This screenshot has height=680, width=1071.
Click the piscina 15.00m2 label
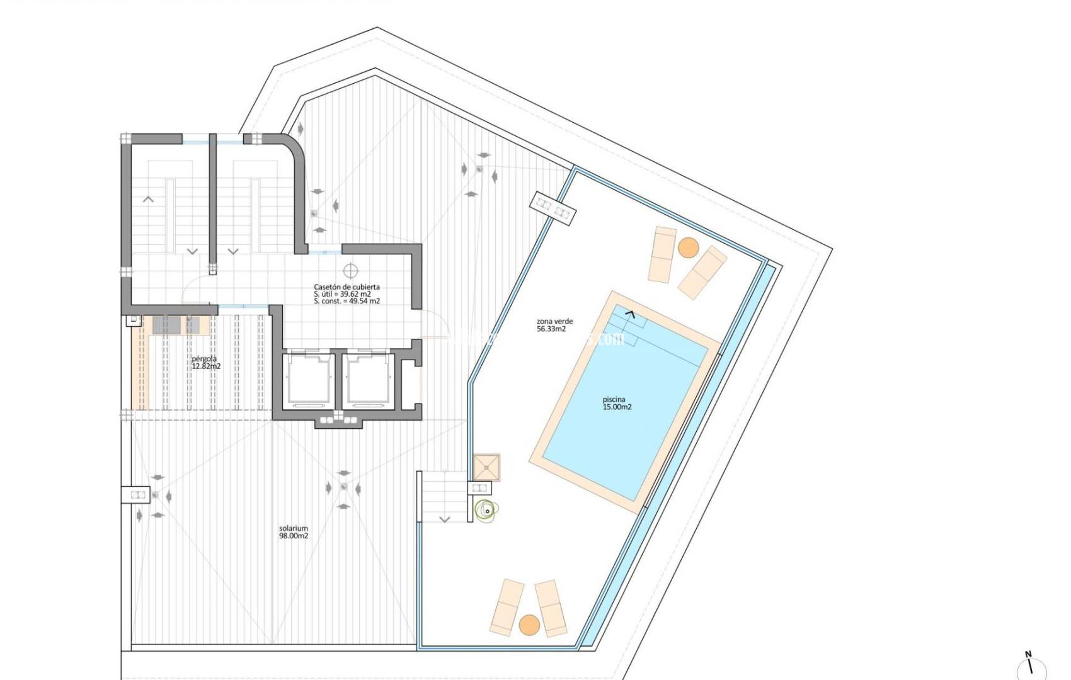click(617, 403)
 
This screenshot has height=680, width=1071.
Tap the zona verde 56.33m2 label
click(554, 325)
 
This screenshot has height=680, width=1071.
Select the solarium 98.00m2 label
click(294, 532)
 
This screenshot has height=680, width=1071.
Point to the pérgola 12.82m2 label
click(206, 362)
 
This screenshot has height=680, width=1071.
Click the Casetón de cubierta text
click(346, 287)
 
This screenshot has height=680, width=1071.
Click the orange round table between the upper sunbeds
click(687, 247)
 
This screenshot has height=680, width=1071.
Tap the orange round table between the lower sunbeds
click(530, 625)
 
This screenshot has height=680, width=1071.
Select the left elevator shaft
click(309, 378)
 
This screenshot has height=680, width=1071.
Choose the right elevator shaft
click(369, 378)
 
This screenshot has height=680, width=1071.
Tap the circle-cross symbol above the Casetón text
click(350, 271)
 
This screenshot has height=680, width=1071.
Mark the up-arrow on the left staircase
click(149, 200)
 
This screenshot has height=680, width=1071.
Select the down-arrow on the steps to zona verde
click(445, 519)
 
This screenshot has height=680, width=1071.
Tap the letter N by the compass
click(1028, 654)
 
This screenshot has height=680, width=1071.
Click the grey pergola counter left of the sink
click(166, 325)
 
